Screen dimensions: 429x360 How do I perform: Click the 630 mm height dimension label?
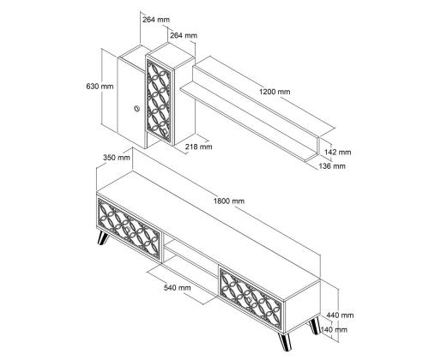pyautogui.click(x=100, y=87)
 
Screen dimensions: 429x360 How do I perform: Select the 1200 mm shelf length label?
pyautogui.click(x=275, y=92)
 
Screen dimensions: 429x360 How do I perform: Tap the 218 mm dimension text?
pyautogui.click(x=199, y=147)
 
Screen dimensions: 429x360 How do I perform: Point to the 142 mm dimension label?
pyautogui.click(x=337, y=152)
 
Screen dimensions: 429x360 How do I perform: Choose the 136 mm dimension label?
pyautogui.click(x=332, y=165)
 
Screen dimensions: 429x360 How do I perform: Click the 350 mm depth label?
pyautogui.click(x=117, y=158)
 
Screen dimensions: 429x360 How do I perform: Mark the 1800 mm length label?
pyautogui.click(x=229, y=201)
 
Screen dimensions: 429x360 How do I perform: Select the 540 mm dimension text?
pyautogui.click(x=178, y=287)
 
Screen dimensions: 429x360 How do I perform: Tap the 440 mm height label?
pyautogui.click(x=340, y=315)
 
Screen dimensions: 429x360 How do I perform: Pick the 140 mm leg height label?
pyautogui.click(x=335, y=329)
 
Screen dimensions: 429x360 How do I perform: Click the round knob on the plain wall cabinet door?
pyautogui.click(x=137, y=109)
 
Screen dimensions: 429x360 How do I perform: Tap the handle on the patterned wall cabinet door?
pyautogui.click(x=166, y=131)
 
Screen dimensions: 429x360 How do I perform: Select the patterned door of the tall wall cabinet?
pyautogui.click(x=159, y=102)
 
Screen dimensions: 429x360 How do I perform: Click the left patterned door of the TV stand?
pyautogui.click(x=129, y=230)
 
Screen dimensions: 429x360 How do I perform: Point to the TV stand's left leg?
pyautogui.click(x=103, y=238)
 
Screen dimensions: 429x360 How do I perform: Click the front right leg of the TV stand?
pyautogui.click(x=285, y=341)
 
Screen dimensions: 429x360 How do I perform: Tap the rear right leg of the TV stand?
pyautogui.click(x=315, y=326)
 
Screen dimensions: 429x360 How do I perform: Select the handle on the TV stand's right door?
pyautogui.click(x=249, y=300)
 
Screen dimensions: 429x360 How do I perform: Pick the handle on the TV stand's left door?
pyautogui.click(x=127, y=230)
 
